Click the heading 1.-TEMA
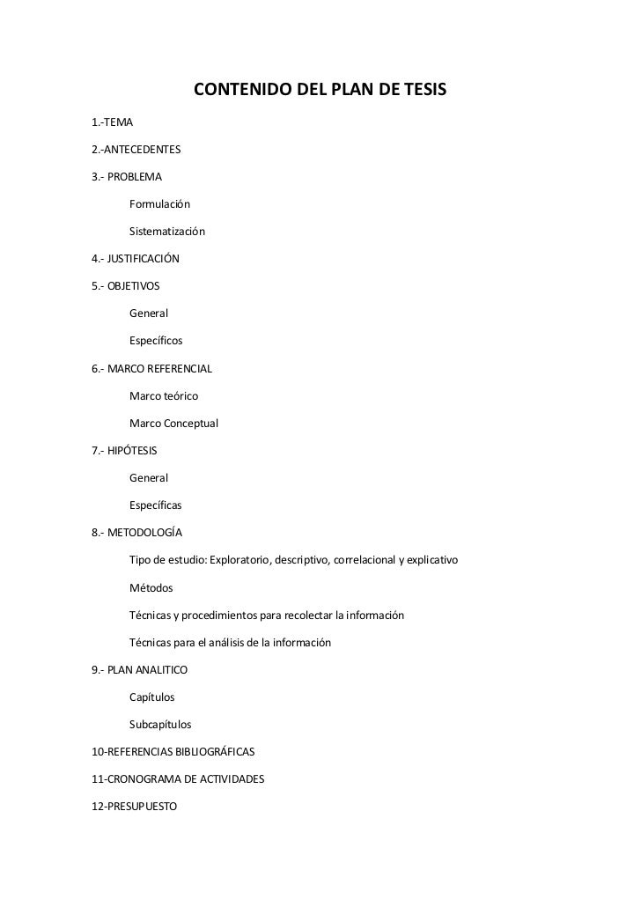click(113, 121)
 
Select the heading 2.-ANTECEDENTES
click(136, 149)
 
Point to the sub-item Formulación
click(159, 204)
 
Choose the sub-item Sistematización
click(166, 232)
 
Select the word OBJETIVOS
click(134, 286)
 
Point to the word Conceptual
click(190, 424)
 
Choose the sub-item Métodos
click(151, 587)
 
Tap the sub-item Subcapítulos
click(160, 725)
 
